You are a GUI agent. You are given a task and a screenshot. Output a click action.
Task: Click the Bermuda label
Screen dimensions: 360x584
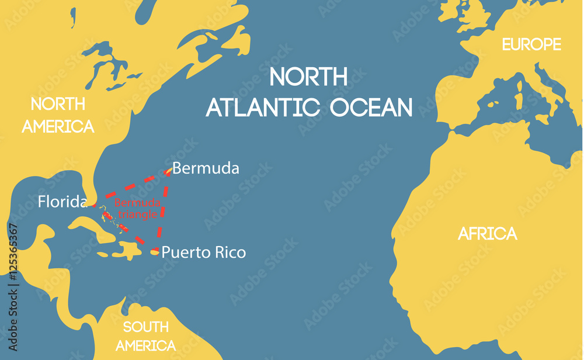[x=206, y=168]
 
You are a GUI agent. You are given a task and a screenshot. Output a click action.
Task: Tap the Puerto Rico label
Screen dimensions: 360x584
[x=203, y=252]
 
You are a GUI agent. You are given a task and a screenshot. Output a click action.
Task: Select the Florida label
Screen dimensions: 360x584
[x=62, y=202]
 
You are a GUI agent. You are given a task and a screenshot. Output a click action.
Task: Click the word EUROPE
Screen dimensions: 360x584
[x=531, y=44]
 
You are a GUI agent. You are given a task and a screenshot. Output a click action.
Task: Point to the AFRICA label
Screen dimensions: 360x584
[x=488, y=234]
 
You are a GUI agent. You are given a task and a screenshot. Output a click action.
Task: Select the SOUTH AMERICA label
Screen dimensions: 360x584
[x=145, y=335]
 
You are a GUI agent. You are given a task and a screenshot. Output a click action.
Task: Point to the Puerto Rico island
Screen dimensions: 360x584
[x=154, y=252]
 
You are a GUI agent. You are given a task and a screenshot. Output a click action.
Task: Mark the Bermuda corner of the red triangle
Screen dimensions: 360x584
[x=168, y=171]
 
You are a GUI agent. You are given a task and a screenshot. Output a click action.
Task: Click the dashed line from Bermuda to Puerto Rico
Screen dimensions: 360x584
[x=163, y=210]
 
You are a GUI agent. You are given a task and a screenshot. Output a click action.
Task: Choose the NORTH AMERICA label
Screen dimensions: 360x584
[x=58, y=115]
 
